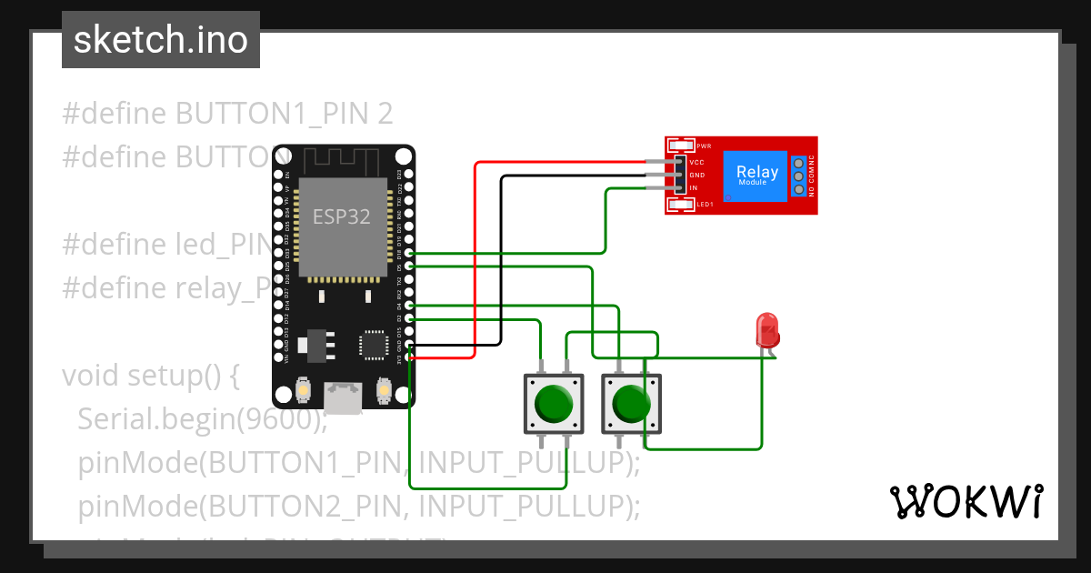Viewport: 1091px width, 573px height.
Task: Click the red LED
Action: [767, 329]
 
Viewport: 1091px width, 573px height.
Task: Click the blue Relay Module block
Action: [756, 176]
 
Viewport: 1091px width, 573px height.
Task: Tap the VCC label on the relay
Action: [697, 161]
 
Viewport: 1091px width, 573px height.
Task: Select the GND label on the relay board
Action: [697, 175]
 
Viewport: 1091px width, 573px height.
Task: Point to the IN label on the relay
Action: [694, 188]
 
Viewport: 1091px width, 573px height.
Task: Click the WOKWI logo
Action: [966, 501]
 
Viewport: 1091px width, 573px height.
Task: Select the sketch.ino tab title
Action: [161, 40]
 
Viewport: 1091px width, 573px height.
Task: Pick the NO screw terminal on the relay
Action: [798, 189]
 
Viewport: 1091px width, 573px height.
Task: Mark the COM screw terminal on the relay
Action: [798, 176]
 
